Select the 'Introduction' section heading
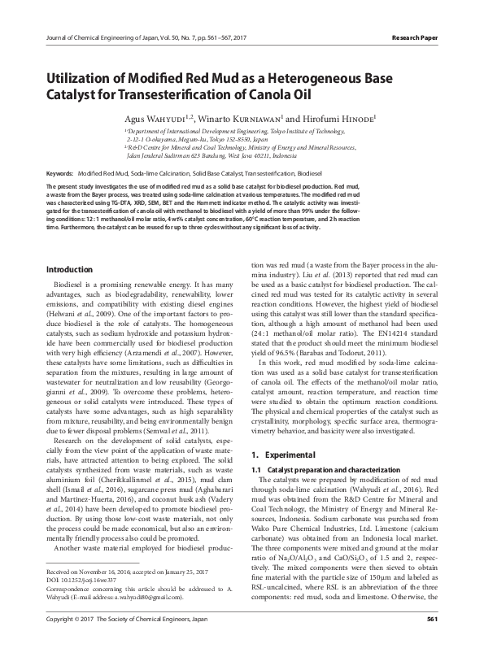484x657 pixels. click(x=69, y=269)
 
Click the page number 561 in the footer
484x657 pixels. click(x=432, y=642)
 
